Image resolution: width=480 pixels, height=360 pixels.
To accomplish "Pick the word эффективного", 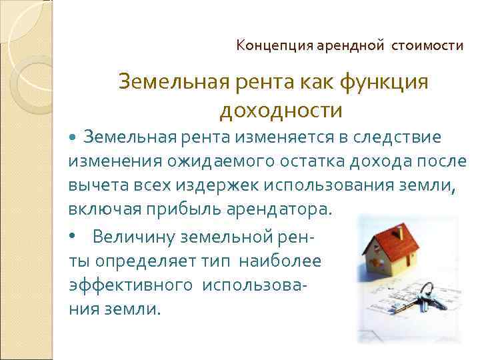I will click(127, 285).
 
